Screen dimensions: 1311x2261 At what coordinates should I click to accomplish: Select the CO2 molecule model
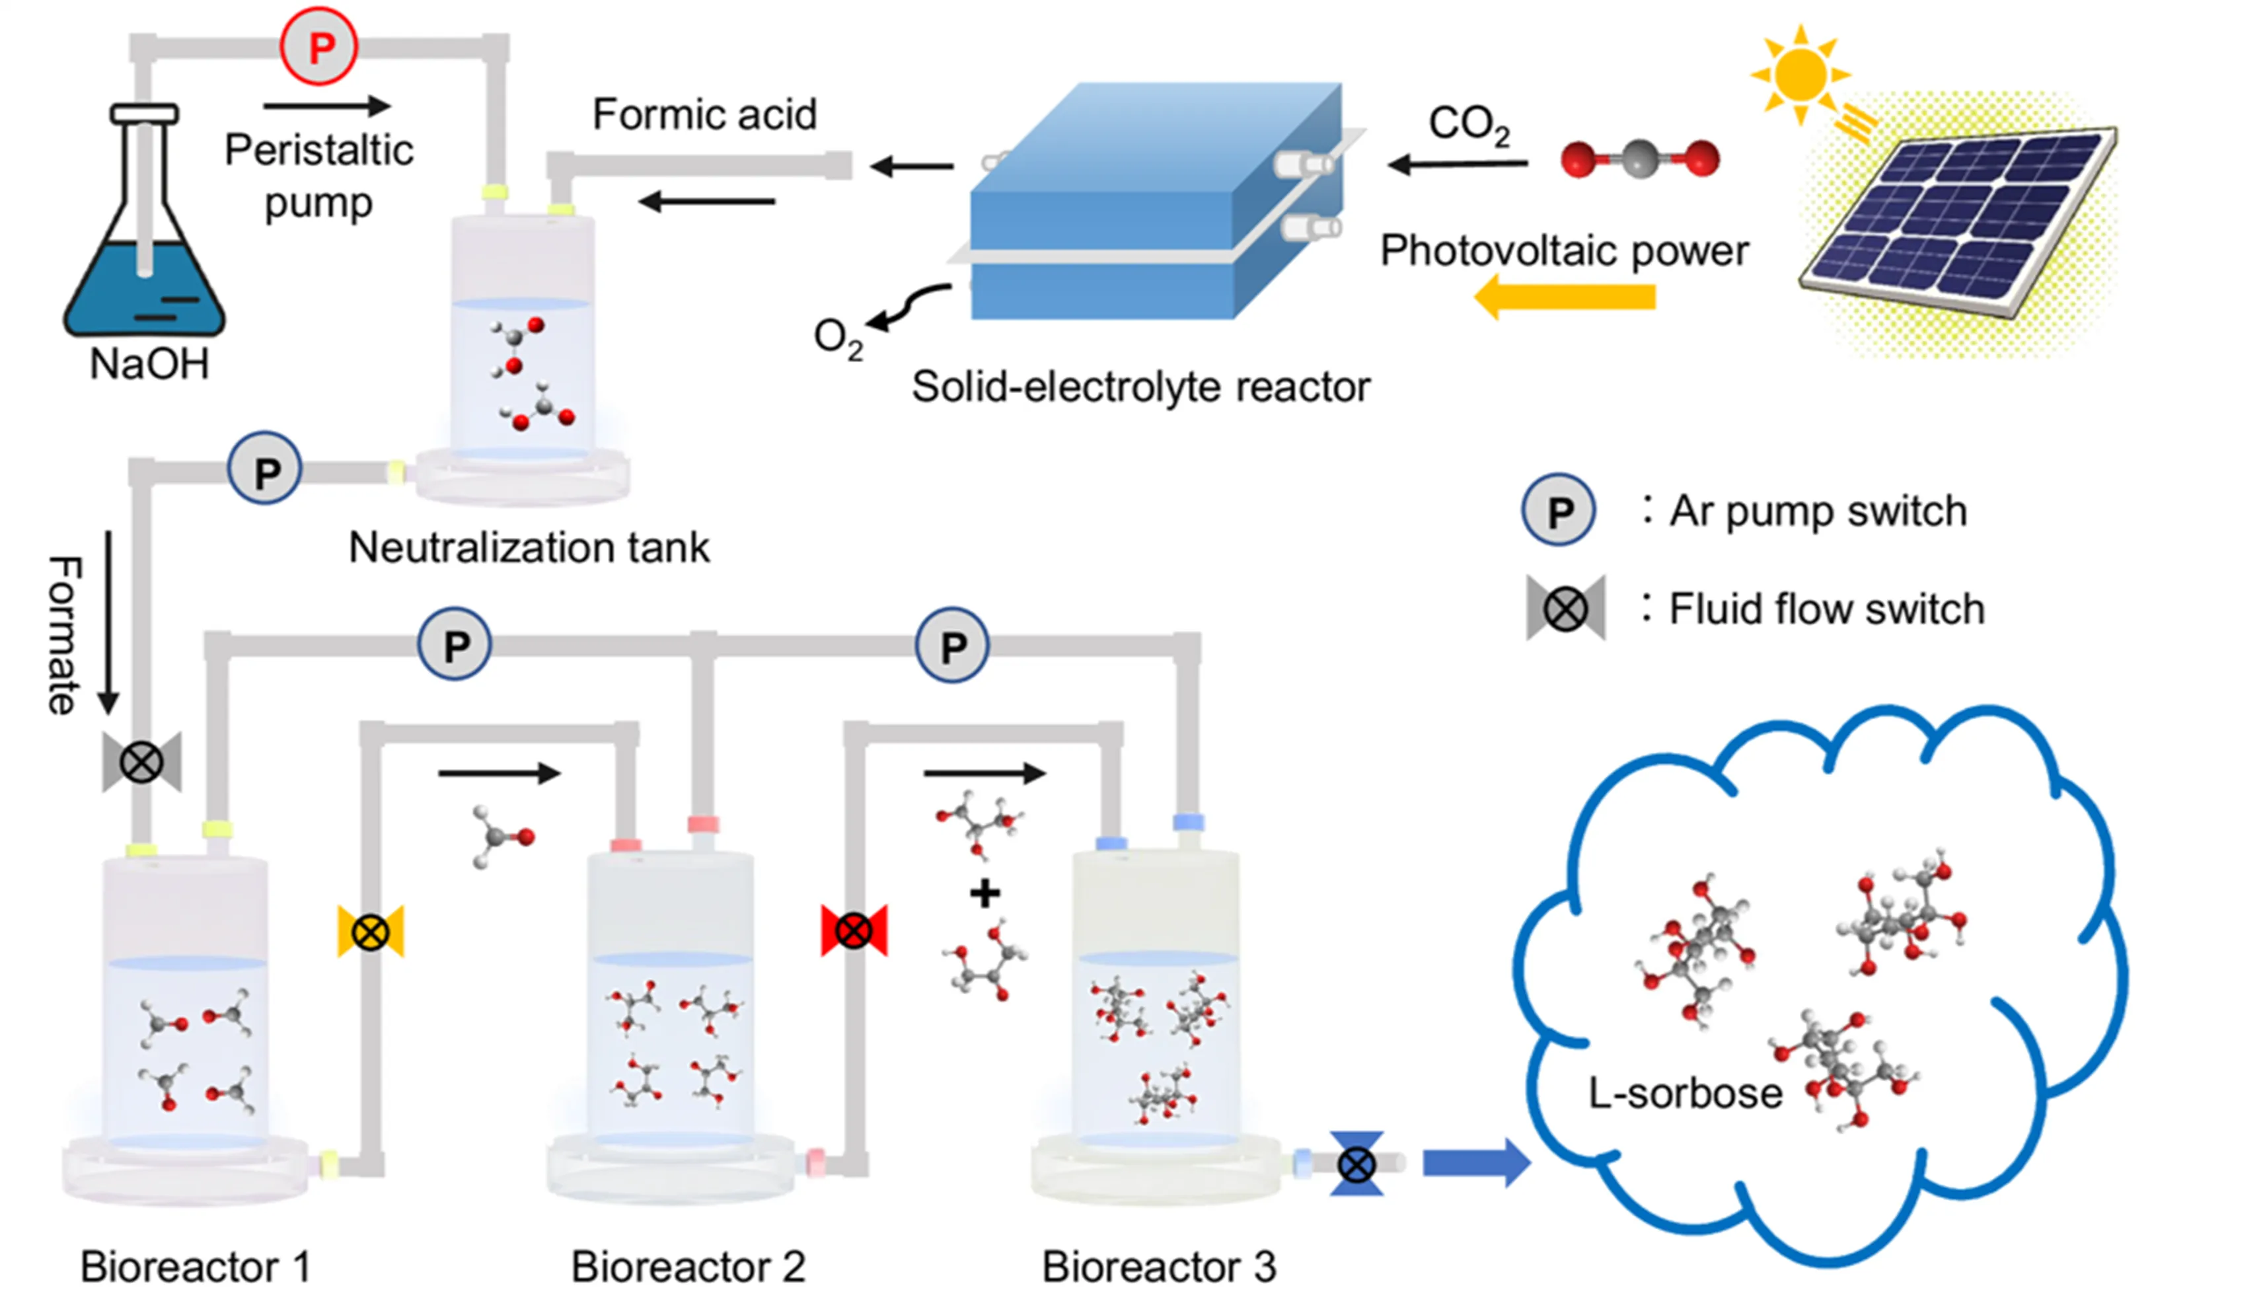[1639, 159]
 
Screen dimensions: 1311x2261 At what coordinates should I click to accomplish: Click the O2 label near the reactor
[837, 338]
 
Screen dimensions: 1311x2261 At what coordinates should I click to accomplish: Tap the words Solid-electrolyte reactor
[1140, 387]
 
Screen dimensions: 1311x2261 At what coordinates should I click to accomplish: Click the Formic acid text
[704, 115]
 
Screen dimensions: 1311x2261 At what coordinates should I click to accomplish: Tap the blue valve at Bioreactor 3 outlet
[1356, 1164]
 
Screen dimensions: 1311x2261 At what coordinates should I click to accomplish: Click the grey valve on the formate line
[142, 762]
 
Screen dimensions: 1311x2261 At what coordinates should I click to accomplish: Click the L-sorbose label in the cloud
[1685, 1093]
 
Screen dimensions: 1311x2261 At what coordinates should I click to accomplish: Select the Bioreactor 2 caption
[688, 1266]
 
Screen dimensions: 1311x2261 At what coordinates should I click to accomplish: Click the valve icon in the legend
[1566, 609]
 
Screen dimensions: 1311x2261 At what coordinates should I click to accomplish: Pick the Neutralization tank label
[529, 547]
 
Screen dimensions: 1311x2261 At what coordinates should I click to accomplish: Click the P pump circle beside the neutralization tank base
[265, 468]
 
